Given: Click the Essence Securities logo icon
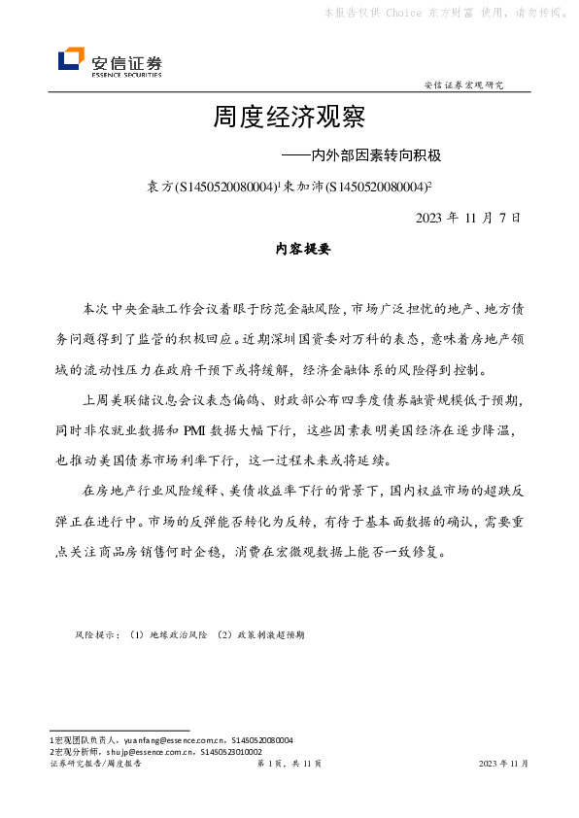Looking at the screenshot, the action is (72, 60).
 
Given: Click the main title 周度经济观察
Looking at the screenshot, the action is (289, 119).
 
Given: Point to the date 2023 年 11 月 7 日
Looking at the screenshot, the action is (468, 218).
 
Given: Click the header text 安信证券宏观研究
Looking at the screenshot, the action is (464, 85).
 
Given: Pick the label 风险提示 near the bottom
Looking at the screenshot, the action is (95, 634).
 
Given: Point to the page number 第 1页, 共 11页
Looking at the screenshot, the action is (289, 765).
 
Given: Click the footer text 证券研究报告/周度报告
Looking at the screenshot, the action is (95, 765).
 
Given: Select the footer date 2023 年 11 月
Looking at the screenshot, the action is (503, 765).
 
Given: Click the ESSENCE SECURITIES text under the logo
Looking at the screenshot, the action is (126, 73).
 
